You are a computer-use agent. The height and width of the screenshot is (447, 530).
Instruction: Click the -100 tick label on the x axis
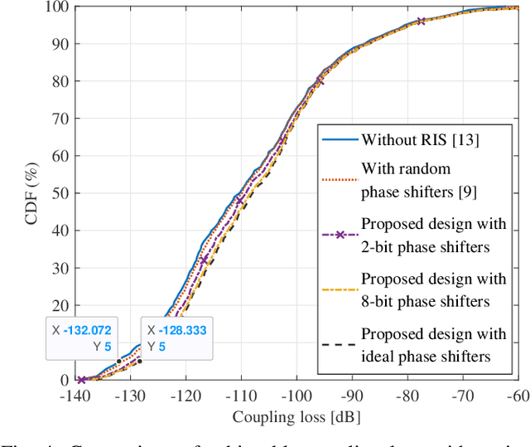coord(296,396)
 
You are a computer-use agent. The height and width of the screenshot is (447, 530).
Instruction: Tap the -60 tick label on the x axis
coord(518,396)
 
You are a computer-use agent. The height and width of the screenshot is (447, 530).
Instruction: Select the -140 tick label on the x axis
coord(75,396)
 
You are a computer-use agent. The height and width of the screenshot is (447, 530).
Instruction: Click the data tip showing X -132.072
coord(82,338)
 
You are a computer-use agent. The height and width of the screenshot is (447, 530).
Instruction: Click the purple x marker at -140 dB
coord(81,380)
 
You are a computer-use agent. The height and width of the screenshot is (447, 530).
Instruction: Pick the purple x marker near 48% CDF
coord(240,201)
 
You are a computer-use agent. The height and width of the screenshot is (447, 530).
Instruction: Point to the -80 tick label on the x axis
coord(407,396)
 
